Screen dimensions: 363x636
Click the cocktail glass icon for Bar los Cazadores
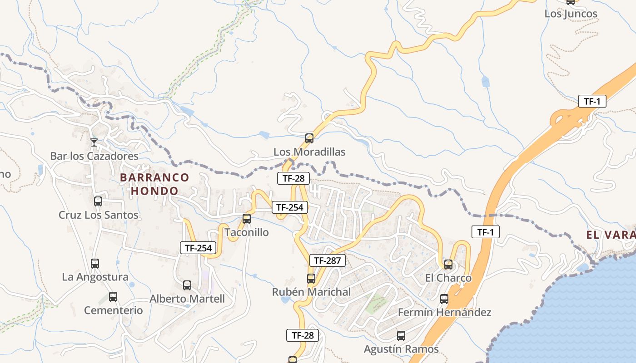coord(94,142)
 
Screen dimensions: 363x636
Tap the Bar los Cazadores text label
coord(94,156)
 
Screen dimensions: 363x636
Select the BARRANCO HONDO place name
coord(154,184)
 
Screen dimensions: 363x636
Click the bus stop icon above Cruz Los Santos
coord(98,201)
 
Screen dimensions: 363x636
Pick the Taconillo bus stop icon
coord(247,219)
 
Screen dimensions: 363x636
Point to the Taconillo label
coord(247,232)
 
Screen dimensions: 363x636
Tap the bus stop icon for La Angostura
coord(95,263)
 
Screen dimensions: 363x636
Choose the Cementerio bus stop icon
coord(113,297)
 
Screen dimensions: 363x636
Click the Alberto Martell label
coord(187,299)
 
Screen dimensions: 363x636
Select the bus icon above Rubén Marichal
coord(311,279)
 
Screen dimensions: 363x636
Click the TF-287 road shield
coord(328,260)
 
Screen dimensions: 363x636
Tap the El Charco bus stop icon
coord(448,264)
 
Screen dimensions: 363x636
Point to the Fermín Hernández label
coord(444,312)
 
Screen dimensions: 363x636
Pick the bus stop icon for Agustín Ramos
coord(401,336)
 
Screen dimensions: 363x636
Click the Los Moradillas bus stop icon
coord(309,138)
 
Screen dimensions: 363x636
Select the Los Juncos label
coord(571,14)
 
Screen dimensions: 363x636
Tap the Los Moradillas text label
coord(309,152)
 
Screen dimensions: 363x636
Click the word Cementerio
coord(113,311)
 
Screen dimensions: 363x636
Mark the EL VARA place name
coord(611,235)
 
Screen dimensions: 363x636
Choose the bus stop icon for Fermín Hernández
coord(444,299)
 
